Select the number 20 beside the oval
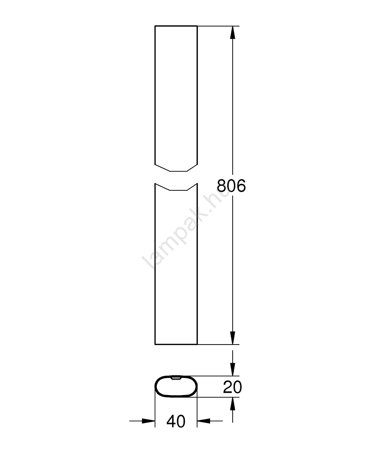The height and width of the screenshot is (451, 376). click(x=232, y=387)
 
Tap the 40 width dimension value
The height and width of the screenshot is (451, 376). click(x=176, y=421)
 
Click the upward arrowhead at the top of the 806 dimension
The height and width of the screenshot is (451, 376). click(x=233, y=32)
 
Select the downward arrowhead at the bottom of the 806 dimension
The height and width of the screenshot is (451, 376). click(x=233, y=338)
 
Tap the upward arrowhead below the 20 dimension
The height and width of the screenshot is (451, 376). click(x=233, y=404)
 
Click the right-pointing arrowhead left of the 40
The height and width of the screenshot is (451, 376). click(x=149, y=421)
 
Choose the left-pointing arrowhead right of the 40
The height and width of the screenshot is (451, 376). click(x=203, y=421)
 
